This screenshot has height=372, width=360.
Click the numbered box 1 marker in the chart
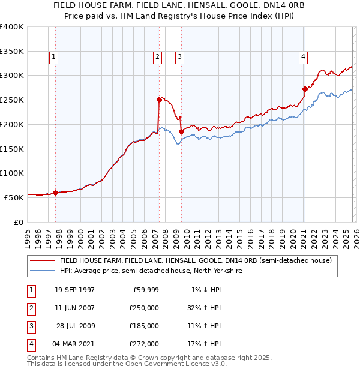tap(53, 57)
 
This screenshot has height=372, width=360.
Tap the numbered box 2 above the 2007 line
tap(157, 57)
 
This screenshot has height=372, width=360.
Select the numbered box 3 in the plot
tap(179, 57)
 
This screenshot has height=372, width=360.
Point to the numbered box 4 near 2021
tap(304, 57)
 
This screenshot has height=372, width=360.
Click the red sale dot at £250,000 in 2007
tap(159, 100)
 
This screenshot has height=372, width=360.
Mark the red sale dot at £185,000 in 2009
tap(181, 131)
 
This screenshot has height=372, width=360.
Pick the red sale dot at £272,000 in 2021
tap(305, 89)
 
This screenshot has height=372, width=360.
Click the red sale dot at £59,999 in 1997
tap(55, 193)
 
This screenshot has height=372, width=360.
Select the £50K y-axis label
tap(14, 197)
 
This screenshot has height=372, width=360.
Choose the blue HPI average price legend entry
tap(150, 271)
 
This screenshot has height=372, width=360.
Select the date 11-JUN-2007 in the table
tap(74, 308)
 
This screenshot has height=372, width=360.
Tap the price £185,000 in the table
tap(144, 326)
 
